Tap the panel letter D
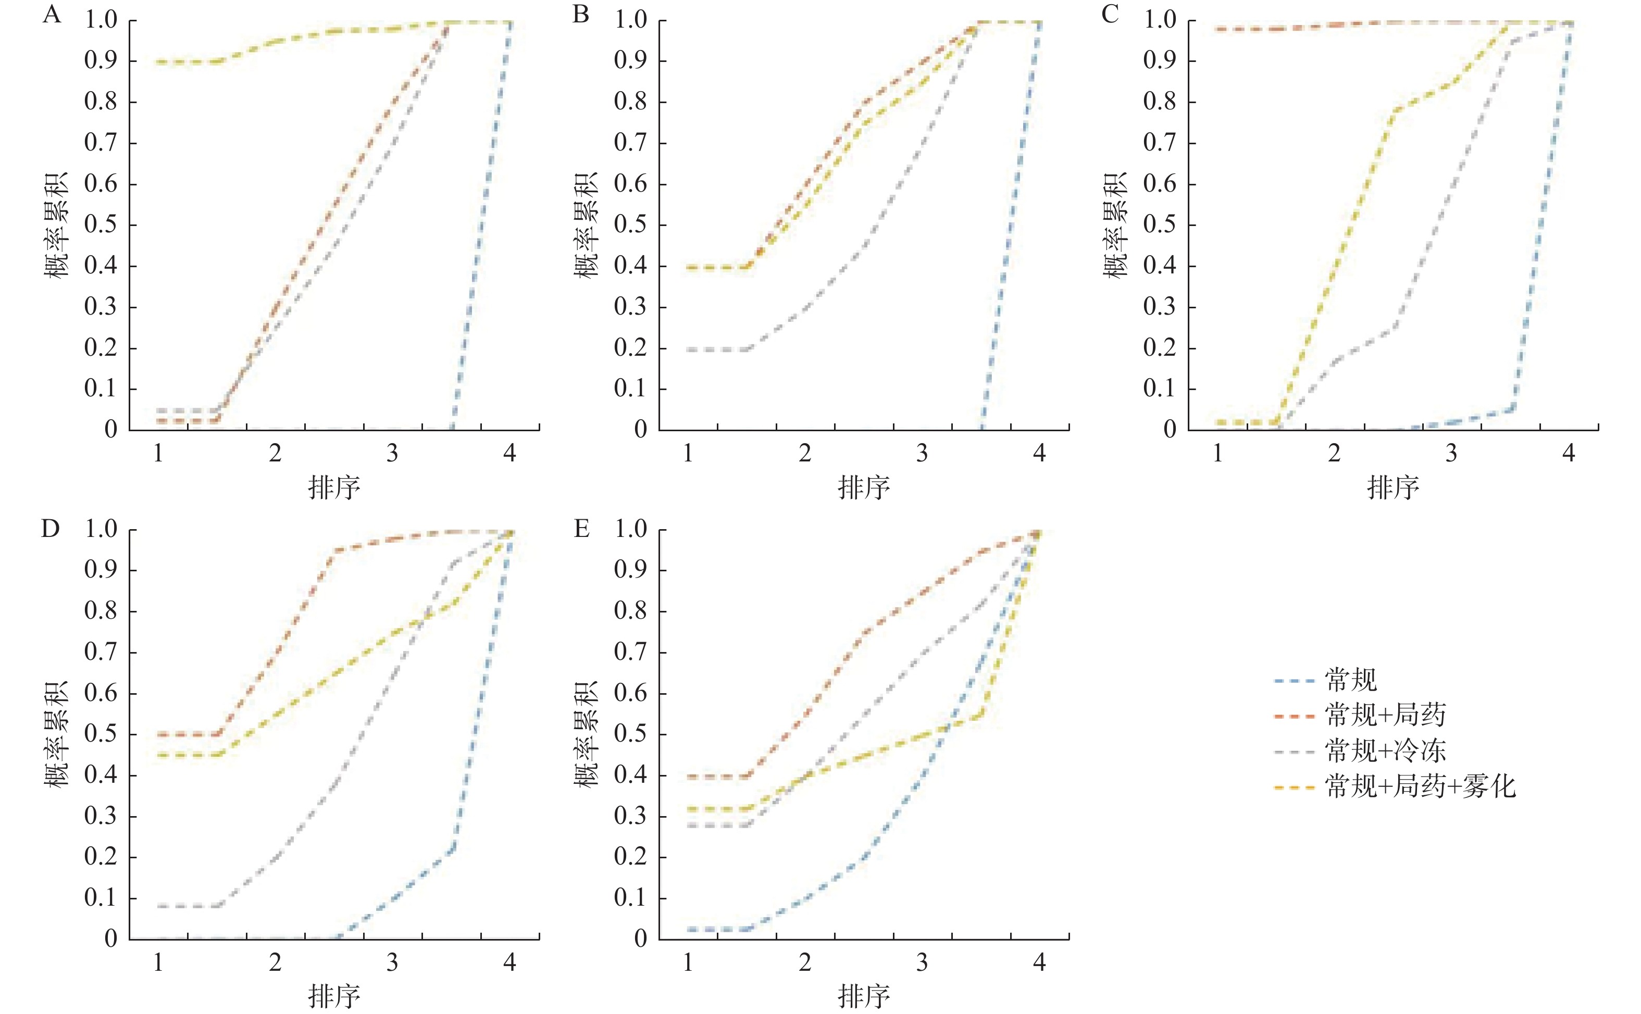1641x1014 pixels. click(51, 529)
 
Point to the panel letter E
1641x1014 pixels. click(581, 529)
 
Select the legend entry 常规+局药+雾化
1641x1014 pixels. click(1420, 786)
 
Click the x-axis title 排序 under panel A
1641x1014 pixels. click(334, 487)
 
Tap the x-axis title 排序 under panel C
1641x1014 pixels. click(1393, 487)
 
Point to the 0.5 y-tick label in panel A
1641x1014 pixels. click(101, 224)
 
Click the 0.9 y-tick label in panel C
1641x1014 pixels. click(1160, 61)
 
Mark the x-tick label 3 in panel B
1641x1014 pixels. click(922, 454)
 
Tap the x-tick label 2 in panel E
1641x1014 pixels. click(805, 963)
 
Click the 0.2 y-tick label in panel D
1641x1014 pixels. click(101, 857)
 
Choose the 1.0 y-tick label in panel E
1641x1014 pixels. click(630, 529)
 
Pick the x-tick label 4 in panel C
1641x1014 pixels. click(1569, 454)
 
